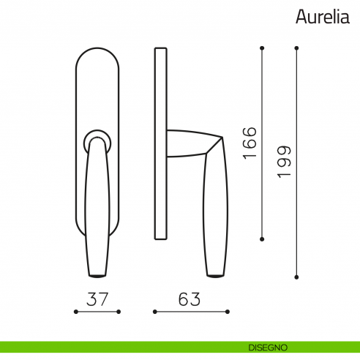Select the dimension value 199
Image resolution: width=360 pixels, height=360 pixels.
point(284,162)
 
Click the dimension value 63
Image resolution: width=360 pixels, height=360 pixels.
point(189,299)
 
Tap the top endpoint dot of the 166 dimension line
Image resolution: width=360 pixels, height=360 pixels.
point(262,48)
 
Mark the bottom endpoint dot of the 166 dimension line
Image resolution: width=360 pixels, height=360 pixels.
point(262,239)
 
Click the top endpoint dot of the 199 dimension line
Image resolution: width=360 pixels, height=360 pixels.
point(296,48)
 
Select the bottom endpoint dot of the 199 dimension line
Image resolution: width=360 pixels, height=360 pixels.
point(296,277)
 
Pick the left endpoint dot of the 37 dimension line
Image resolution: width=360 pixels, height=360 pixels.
point(75,312)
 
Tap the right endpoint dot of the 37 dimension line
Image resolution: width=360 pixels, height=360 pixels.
point(119,312)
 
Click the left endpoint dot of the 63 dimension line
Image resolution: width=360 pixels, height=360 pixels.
point(154,312)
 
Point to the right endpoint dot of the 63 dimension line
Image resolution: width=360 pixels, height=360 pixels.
point(224,312)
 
